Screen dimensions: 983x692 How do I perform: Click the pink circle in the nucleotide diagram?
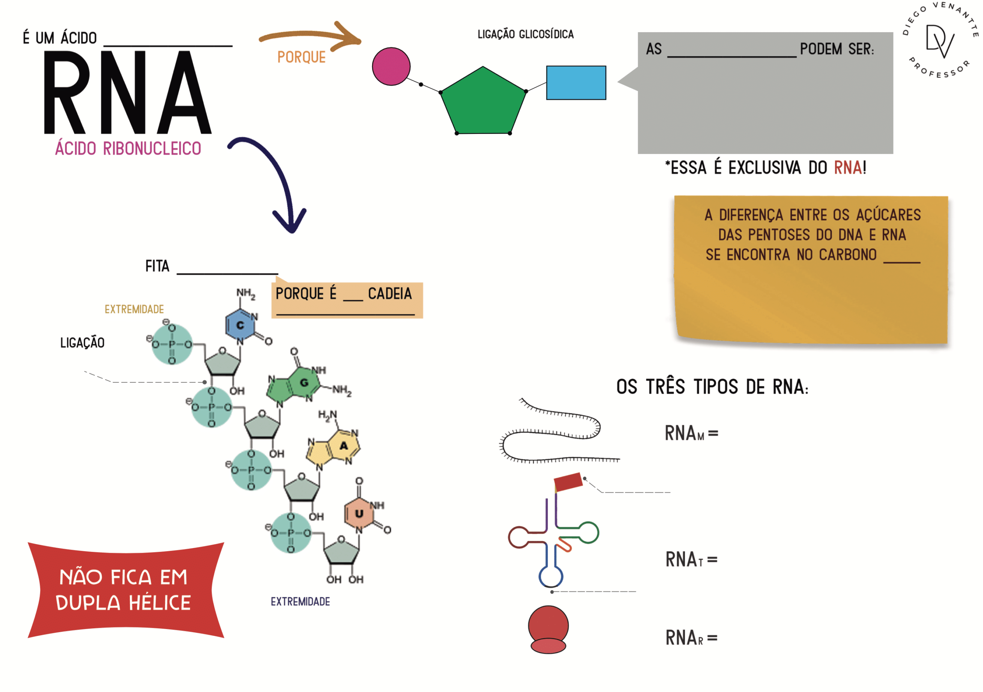coord(391,66)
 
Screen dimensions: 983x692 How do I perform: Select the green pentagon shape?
coord(483,103)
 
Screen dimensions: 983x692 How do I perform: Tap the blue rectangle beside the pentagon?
coord(576,83)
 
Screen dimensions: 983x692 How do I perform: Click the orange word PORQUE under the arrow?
coord(301,57)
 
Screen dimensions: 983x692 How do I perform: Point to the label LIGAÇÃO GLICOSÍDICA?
coord(525,34)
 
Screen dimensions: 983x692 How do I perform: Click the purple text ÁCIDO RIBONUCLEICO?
coord(128,149)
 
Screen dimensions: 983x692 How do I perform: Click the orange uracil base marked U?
coord(359,513)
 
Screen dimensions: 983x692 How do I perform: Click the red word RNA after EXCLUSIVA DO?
coord(848,168)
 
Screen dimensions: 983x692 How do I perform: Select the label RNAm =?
coord(692,433)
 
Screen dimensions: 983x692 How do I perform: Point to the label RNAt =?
coord(692,559)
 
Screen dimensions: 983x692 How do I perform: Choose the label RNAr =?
coord(692,637)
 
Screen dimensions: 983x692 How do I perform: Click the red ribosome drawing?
coord(548,629)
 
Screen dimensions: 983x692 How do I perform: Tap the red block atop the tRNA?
coord(568,482)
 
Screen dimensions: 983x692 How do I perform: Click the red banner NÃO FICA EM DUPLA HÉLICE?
coord(126,590)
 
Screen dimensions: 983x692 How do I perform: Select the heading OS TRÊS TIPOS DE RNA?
coord(712,387)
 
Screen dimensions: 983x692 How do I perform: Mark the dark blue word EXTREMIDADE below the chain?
coord(300,602)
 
